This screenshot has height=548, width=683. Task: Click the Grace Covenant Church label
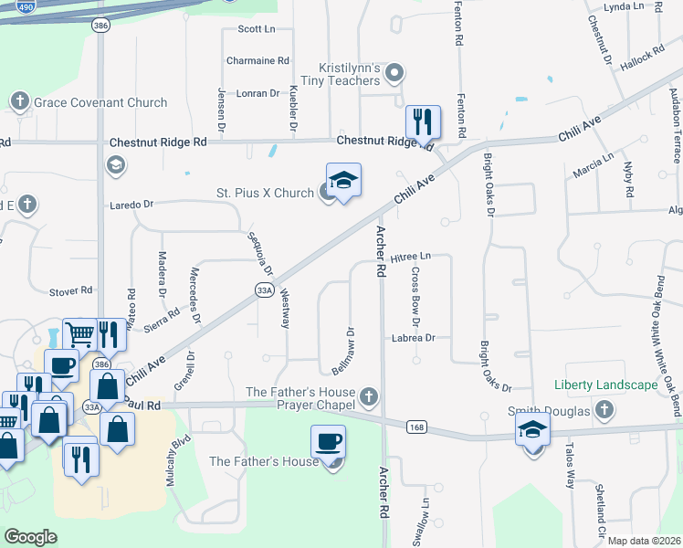(100, 103)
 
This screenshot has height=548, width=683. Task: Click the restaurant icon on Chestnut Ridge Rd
(423, 121)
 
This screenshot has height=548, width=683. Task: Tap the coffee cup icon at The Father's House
(329, 441)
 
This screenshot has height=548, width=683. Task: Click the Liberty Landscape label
(605, 385)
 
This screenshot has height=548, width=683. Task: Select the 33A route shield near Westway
(265, 290)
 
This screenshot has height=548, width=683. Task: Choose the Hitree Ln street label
(410, 259)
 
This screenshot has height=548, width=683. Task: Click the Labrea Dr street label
(415, 337)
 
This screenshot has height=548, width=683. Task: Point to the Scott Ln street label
(257, 29)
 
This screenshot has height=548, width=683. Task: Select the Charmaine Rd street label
(257, 61)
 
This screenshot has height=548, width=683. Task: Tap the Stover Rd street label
(71, 290)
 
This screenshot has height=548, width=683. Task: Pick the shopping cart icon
(81, 334)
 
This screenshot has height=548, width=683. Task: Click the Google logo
(31, 537)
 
